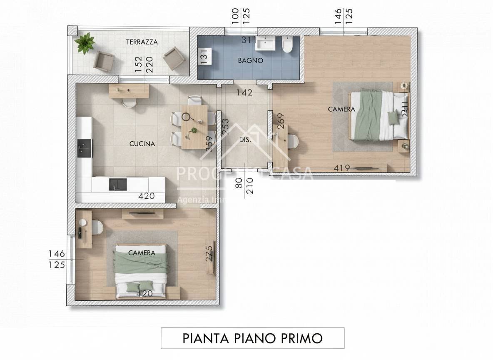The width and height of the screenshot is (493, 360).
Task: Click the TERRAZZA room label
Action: pos(142,42)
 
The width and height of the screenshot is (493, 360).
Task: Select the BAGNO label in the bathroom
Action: pos(250,60)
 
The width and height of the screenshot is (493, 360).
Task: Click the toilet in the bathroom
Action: pos(286,45)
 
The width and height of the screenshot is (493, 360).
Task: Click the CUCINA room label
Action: pos(142,144)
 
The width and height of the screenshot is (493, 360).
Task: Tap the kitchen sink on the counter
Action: pos(118,184)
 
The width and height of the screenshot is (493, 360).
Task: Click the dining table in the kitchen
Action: pos(194,126)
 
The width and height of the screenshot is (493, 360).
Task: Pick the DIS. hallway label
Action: pos(245,140)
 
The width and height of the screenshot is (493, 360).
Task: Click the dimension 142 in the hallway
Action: pos(244,93)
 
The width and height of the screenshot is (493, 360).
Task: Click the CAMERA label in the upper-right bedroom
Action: pos(341,109)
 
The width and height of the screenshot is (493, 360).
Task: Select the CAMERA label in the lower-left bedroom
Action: pos(142,252)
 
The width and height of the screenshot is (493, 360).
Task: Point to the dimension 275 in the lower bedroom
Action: pos(209,253)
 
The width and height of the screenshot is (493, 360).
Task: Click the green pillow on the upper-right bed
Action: pos(393,117)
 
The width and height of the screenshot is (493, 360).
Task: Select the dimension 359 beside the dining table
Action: pos(209,144)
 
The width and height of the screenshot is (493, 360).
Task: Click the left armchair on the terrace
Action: pos(104,61)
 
